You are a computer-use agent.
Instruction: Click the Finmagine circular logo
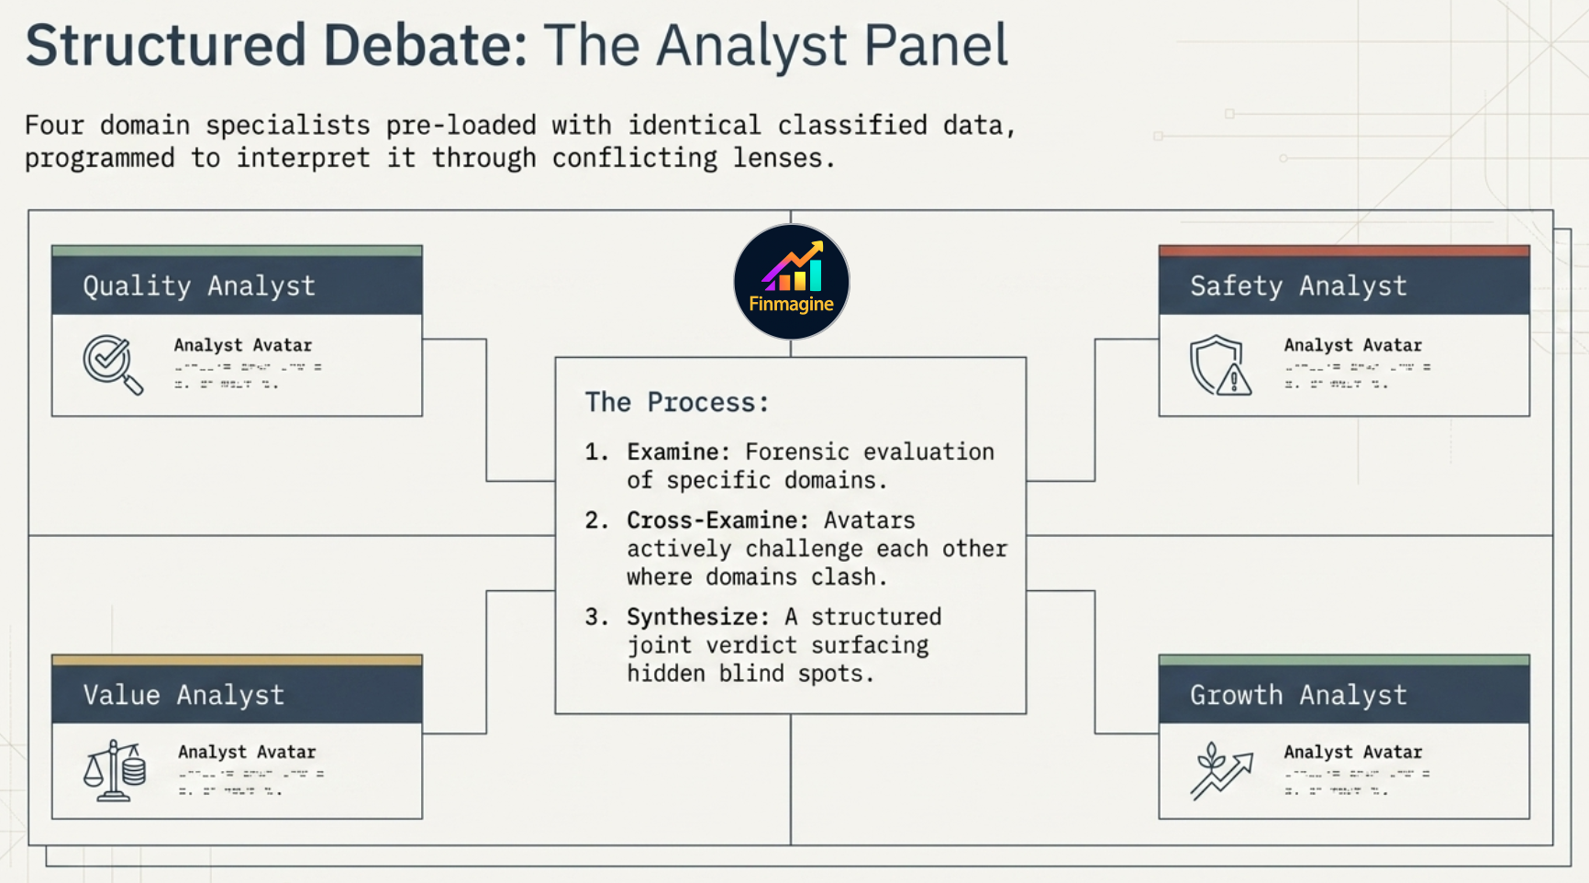click(x=791, y=282)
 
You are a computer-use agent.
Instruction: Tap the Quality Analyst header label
click(x=199, y=286)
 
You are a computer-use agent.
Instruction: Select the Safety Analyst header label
click(x=1298, y=286)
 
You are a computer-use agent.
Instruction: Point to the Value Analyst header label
click(x=183, y=695)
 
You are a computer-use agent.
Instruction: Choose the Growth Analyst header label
click(x=1298, y=695)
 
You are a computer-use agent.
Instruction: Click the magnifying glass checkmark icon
click(x=112, y=364)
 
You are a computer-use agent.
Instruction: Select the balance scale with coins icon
click(x=115, y=771)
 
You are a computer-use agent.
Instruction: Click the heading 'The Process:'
click(x=677, y=402)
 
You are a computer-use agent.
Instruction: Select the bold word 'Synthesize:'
click(x=697, y=617)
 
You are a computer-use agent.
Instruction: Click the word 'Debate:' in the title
click(x=425, y=46)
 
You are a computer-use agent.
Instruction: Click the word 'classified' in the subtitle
click(x=852, y=125)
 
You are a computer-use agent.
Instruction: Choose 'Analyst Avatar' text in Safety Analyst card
click(x=1352, y=345)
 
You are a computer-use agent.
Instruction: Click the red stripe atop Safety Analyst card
click(x=1344, y=251)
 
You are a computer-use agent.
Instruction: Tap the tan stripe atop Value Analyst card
click(x=237, y=660)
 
